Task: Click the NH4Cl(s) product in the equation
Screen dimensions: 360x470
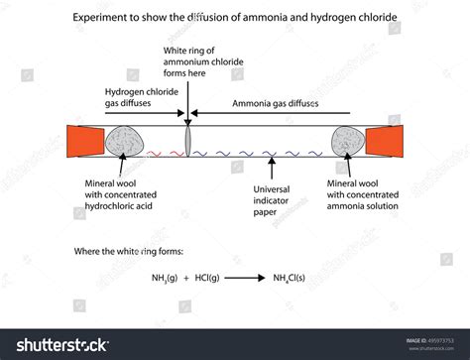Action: point(294,280)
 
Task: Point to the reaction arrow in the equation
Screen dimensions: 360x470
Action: point(242,280)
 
